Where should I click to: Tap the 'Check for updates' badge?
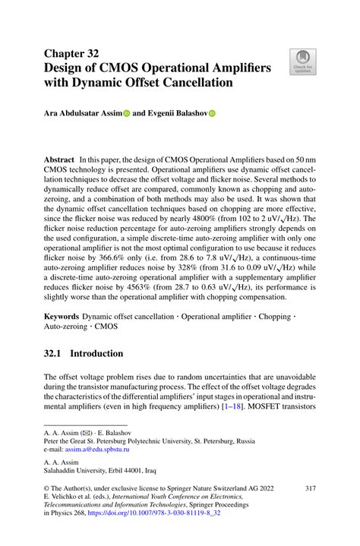click(302, 63)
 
